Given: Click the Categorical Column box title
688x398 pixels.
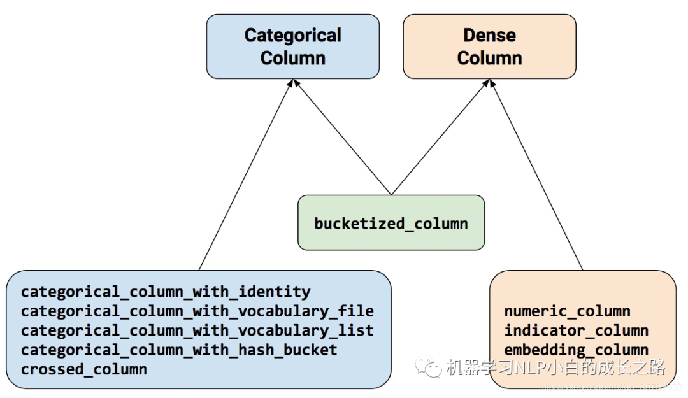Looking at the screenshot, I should tap(292, 46).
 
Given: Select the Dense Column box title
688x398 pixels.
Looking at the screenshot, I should tap(489, 46).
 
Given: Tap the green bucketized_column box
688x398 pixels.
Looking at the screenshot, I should tap(391, 223).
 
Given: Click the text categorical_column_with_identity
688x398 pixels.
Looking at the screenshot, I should tap(166, 292).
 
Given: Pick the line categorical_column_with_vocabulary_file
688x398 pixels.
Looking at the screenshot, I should tap(197, 311).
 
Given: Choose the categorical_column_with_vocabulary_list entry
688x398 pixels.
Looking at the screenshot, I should tap(197, 330).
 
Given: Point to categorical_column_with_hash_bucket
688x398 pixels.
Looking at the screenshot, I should tap(179, 350).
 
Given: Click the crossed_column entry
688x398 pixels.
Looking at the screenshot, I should tap(84, 369).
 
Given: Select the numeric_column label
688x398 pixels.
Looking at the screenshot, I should tap(567, 311).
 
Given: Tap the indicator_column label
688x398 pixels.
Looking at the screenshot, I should tap(576, 330).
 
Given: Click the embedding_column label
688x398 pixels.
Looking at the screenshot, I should tap(576, 350).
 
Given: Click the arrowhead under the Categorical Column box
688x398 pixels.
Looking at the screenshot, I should tap(293, 83).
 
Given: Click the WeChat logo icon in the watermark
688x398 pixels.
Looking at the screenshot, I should tap(427, 367).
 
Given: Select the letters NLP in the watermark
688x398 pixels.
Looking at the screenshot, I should tap(531, 367).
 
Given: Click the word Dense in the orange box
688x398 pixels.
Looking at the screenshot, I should tap(489, 36).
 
